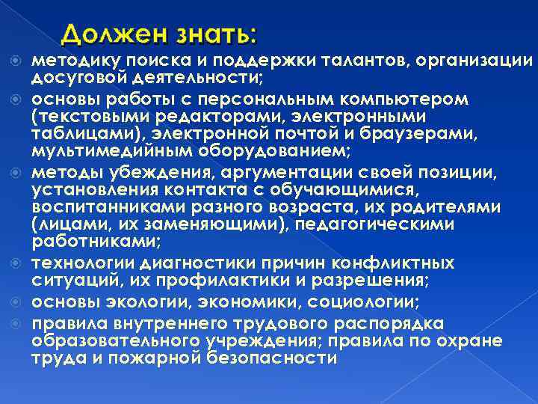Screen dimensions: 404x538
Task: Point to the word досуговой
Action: [75, 78]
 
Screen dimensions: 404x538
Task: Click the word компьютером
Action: [406, 99]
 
